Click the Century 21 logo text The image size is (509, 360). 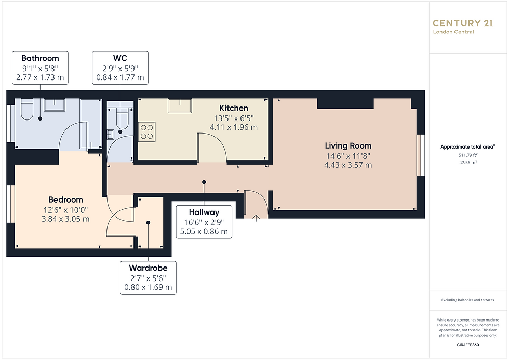pos(463,23)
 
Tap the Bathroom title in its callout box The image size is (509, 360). pos(41,58)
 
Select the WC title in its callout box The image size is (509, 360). pos(120,58)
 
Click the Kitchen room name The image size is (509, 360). pos(234,108)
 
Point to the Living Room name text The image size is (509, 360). pos(348,146)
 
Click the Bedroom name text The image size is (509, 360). pos(65,199)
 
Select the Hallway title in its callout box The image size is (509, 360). pos(204,212)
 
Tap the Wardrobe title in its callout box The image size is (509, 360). pos(149,268)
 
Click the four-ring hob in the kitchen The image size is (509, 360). pos(146,132)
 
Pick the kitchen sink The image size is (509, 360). pos(180,105)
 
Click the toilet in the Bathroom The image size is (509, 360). pos(26,109)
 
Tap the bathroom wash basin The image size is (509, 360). pos(55,105)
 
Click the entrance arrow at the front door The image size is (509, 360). pos(256,218)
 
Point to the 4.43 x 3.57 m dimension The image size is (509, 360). pos(348,165)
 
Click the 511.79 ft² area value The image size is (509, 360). pos(468,155)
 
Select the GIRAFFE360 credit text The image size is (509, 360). pos(468,345)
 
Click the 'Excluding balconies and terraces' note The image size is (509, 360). pos(468,300)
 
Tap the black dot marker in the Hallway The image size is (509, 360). pos(204,182)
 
